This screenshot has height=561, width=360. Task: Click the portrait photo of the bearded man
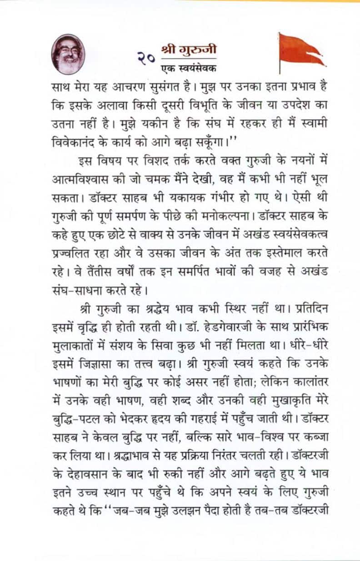(x=68, y=55)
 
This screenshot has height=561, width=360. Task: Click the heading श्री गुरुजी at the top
(x=189, y=49)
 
